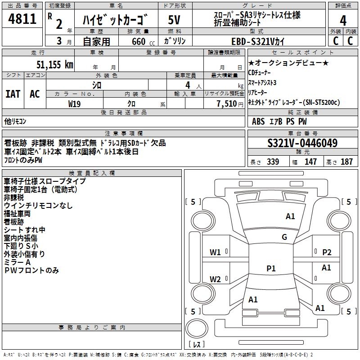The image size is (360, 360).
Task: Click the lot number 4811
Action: [22, 19]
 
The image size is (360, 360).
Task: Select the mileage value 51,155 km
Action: [55, 64]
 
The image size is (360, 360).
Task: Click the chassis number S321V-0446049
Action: [302, 143]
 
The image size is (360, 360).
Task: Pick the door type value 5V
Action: [174, 20]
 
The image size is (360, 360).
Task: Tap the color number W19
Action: [75, 103]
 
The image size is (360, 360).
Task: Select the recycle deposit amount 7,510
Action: [228, 103]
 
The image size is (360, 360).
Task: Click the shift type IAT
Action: [13, 94]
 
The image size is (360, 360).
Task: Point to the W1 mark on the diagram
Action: [215, 252]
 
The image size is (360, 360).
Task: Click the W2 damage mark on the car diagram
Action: [215, 279]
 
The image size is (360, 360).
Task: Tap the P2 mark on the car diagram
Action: [327, 252]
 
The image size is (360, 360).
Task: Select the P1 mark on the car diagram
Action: [271, 268]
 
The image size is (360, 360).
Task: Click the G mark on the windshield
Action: [284, 237]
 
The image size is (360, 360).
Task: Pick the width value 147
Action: [310, 162]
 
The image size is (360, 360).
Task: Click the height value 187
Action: [346, 162]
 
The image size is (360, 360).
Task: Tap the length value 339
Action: [273, 162]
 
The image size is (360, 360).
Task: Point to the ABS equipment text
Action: [258, 121]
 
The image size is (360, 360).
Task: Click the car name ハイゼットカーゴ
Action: [116, 20]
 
